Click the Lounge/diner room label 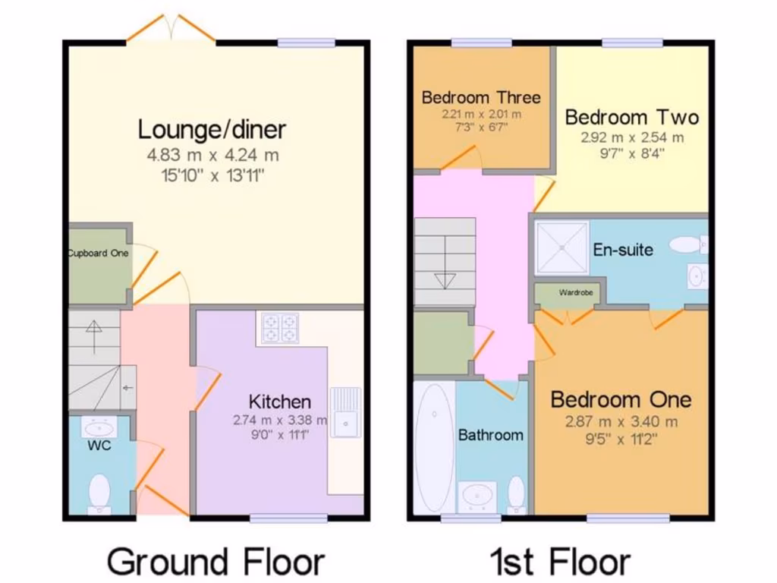[x=212, y=129]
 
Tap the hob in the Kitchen [x=280, y=328]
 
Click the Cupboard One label [x=98, y=254]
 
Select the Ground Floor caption [x=215, y=563]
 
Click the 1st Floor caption [x=560, y=563]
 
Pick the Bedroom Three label [x=481, y=97]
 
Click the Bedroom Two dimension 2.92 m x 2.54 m [x=632, y=138]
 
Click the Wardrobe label [x=575, y=292]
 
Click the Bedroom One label [x=621, y=399]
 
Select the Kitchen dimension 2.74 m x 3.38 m [x=280, y=420]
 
